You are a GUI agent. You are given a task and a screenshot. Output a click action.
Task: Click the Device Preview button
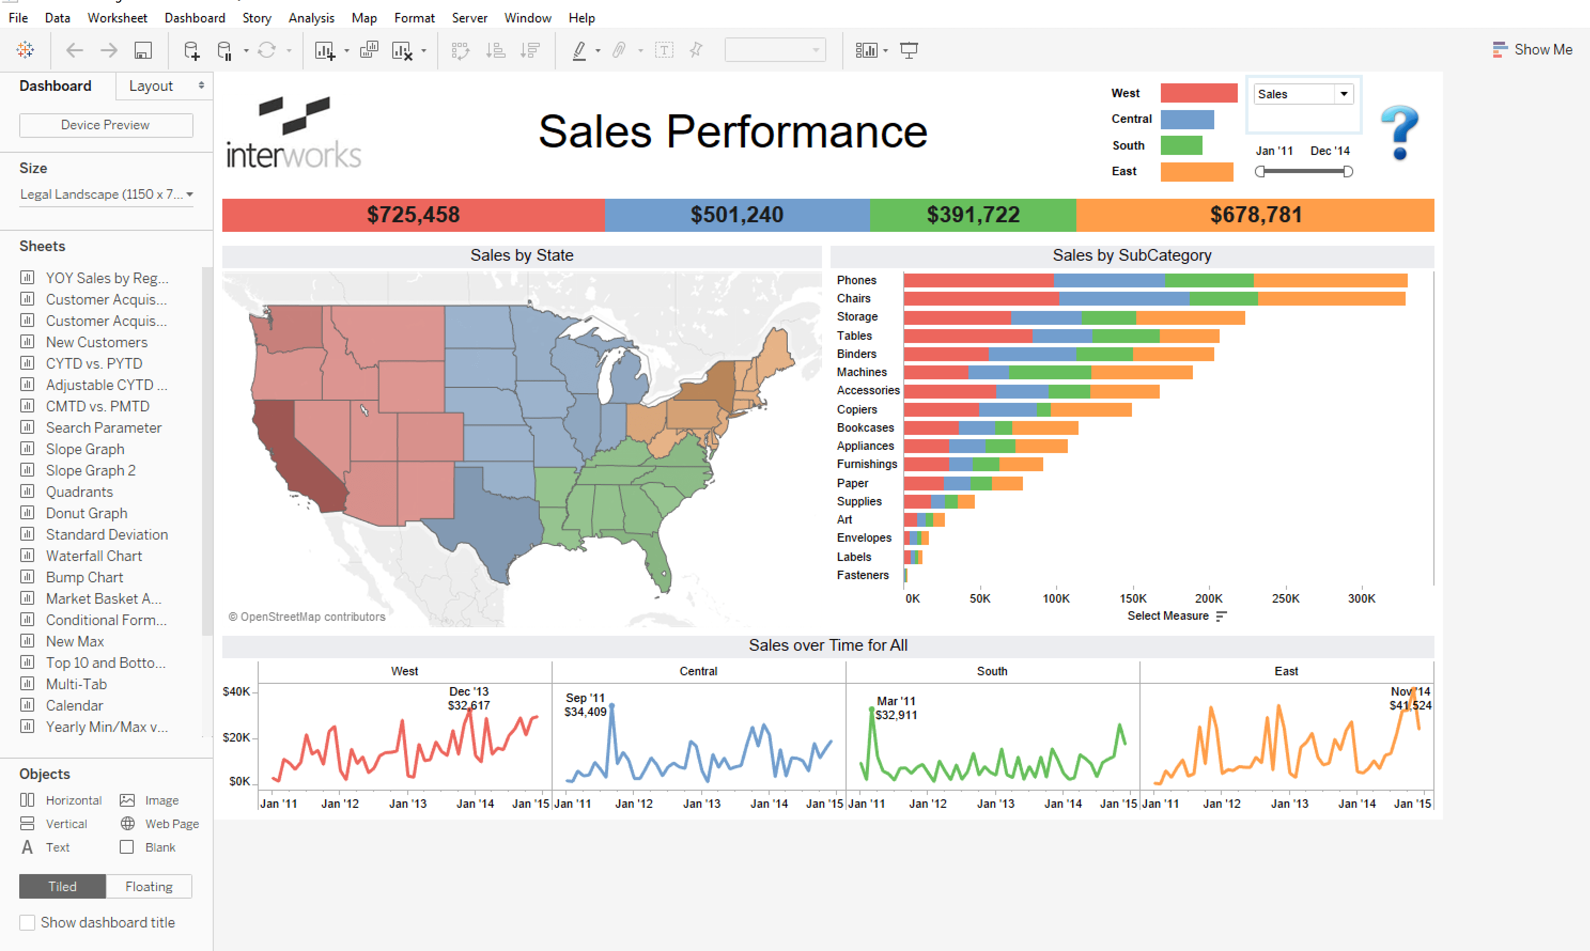106,125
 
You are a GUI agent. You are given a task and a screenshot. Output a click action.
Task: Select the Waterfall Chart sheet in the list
94,556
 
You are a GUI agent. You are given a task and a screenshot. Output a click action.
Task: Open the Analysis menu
311,18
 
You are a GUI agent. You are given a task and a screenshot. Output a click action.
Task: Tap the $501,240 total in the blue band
736,215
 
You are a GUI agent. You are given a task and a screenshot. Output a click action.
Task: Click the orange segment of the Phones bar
1330,280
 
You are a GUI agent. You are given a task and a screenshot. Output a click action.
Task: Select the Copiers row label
856,409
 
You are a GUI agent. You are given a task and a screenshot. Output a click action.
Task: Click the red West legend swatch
1198,93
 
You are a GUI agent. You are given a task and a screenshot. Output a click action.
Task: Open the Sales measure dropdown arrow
1344,94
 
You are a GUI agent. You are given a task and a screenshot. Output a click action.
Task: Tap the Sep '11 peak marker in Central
611,706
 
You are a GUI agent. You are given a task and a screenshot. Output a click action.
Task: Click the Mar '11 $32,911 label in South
896,708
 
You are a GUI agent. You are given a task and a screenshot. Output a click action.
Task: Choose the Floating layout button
149,886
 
